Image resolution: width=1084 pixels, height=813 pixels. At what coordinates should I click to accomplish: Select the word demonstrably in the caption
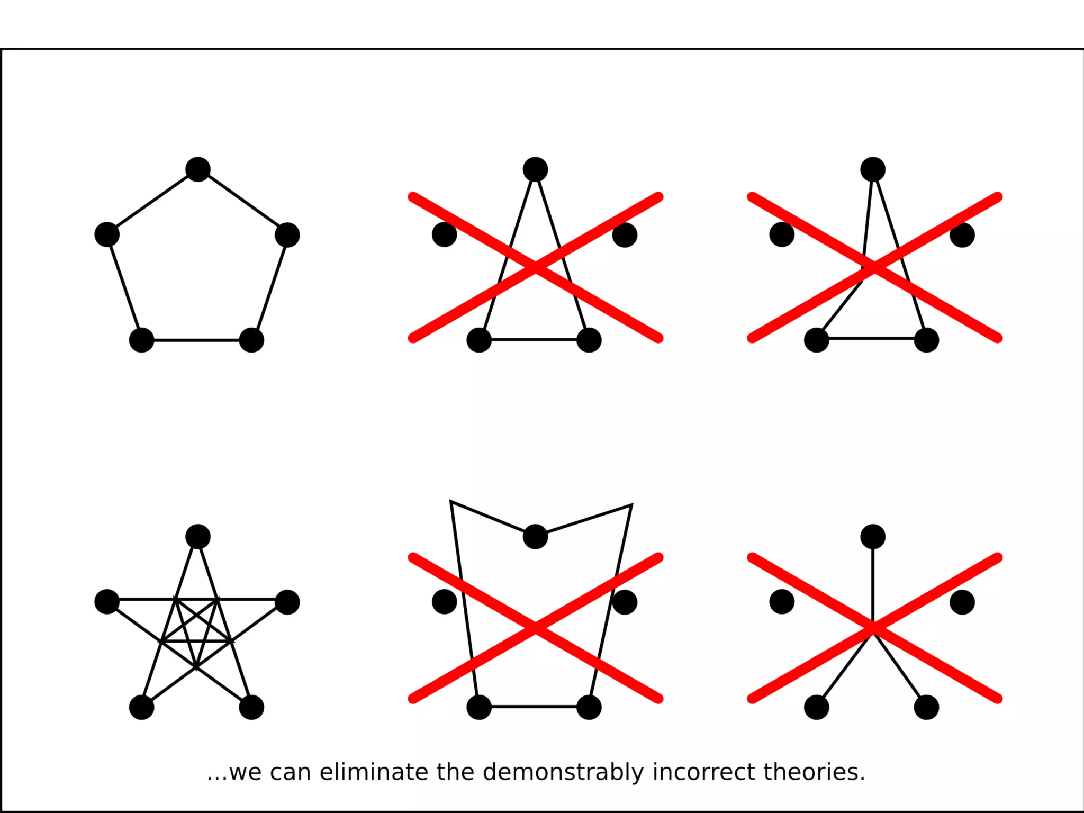(x=563, y=772)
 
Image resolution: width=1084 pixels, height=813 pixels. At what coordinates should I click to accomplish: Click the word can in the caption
(x=290, y=772)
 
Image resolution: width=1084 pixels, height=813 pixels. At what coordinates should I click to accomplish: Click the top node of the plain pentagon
(x=198, y=169)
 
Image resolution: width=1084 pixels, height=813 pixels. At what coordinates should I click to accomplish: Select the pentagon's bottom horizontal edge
(x=196, y=340)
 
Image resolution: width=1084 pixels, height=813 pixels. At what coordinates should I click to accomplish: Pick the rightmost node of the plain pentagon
(x=287, y=235)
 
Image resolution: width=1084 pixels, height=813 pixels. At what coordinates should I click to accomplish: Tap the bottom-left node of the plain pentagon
(x=141, y=340)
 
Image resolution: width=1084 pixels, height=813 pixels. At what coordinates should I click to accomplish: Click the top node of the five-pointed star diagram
(x=198, y=537)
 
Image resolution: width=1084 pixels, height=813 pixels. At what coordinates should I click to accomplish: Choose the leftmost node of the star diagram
(x=107, y=602)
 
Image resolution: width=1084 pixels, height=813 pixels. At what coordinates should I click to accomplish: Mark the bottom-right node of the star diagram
(x=251, y=707)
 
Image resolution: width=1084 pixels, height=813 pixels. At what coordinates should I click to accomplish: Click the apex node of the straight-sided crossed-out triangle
(x=535, y=169)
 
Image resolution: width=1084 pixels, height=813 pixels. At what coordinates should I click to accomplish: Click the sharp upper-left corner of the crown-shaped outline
(x=451, y=501)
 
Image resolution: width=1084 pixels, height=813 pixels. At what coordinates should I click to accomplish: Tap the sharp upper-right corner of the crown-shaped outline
(x=631, y=505)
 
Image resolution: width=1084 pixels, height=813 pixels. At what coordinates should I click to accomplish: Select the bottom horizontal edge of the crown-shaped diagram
(x=534, y=706)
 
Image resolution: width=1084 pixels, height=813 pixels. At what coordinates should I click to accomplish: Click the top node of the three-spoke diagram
(x=873, y=537)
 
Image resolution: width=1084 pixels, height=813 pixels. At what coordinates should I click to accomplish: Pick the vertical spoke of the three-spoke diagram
(x=873, y=577)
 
